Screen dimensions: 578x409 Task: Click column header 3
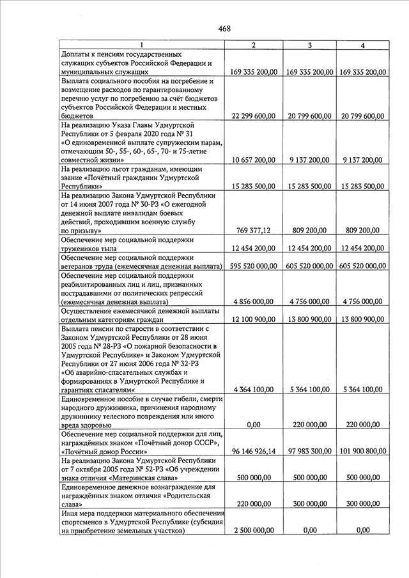(x=309, y=45)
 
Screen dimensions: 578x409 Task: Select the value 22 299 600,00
(x=254, y=116)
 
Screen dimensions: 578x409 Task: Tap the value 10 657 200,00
(x=254, y=160)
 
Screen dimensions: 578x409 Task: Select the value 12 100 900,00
(x=254, y=318)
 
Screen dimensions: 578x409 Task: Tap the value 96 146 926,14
(x=254, y=451)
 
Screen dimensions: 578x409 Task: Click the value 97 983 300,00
(x=309, y=451)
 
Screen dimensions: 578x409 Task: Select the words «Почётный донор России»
(x=102, y=451)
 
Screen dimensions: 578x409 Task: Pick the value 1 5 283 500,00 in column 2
(x=254, y=186)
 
